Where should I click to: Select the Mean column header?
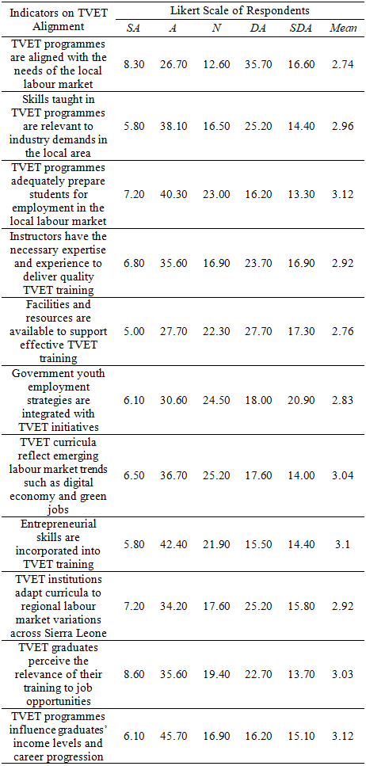click(343, 29)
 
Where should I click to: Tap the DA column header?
click(260, 29)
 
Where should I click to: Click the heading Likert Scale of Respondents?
click(240, 10)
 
